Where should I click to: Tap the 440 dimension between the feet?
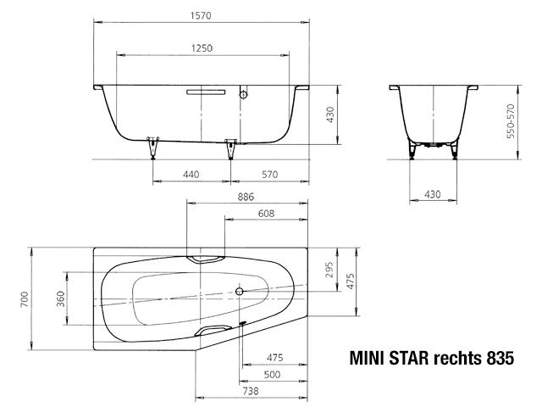[191, 174]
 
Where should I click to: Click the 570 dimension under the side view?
[269, 174]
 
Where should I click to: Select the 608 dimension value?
[266, 215]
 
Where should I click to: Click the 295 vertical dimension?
[330, 271]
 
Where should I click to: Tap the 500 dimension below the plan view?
[273, 374]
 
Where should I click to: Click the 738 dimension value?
[248, 392]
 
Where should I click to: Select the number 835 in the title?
[500, 359]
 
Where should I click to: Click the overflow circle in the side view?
[242, 93]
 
